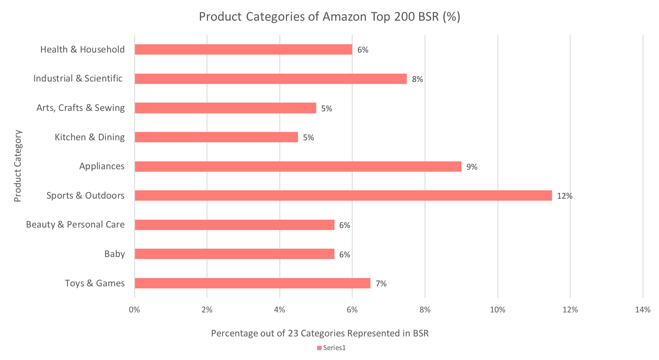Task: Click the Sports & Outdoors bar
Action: [x=343, y=195]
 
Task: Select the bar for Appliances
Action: [x=298, y=166]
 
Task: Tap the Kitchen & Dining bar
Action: [x=216, y=137]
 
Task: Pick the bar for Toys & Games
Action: [x=252, y=283]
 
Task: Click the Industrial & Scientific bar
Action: [x=271, y=79]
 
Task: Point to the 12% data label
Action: [x=564, y=196]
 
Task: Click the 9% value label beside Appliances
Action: [x=472, y=167]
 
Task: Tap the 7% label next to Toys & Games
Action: [x=381, y=283]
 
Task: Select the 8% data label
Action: [x=417, y=79]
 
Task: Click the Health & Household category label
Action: [x=82, y=49]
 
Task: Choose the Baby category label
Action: [x=115, y=254]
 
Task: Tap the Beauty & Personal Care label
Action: [x=75, y=224]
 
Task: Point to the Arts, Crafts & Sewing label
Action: [x=80, y=108]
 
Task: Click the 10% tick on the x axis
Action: [x=498, y=310]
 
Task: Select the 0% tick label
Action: [x=134, y=310]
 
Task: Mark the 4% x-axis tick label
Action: [x=280, y=310]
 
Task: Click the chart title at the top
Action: [x=329, y=17]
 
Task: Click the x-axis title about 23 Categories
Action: [x=320, y=333]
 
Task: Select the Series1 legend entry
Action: [x=331, y=348]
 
